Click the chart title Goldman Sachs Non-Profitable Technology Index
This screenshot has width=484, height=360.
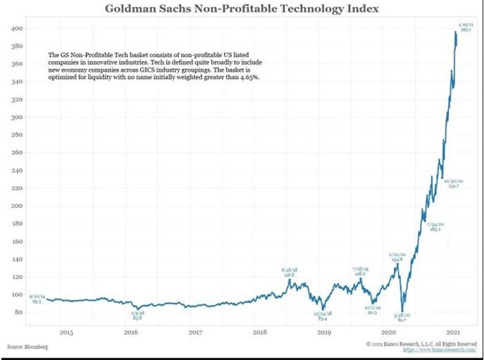pos(242,9)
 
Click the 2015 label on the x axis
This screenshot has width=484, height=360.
pos(66,331)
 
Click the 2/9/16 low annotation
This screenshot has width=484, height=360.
pos(137,315)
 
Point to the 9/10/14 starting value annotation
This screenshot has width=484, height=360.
pos(37,298)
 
